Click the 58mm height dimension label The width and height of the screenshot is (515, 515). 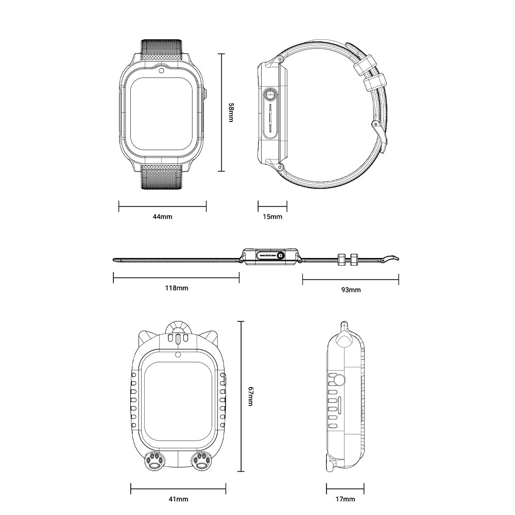[231, 113]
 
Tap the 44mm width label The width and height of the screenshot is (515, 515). [162, 217]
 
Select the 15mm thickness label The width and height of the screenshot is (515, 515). [272, 217]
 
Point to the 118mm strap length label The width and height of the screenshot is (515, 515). [176, 288]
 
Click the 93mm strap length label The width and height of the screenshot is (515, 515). [351, 289]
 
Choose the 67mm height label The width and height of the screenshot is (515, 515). [250, 396]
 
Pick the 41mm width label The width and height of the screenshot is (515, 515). [178, 499]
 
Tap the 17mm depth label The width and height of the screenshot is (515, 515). [345, 499]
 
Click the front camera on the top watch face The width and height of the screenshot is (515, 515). [161, 71]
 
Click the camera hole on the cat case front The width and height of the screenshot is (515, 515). [178, 355]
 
